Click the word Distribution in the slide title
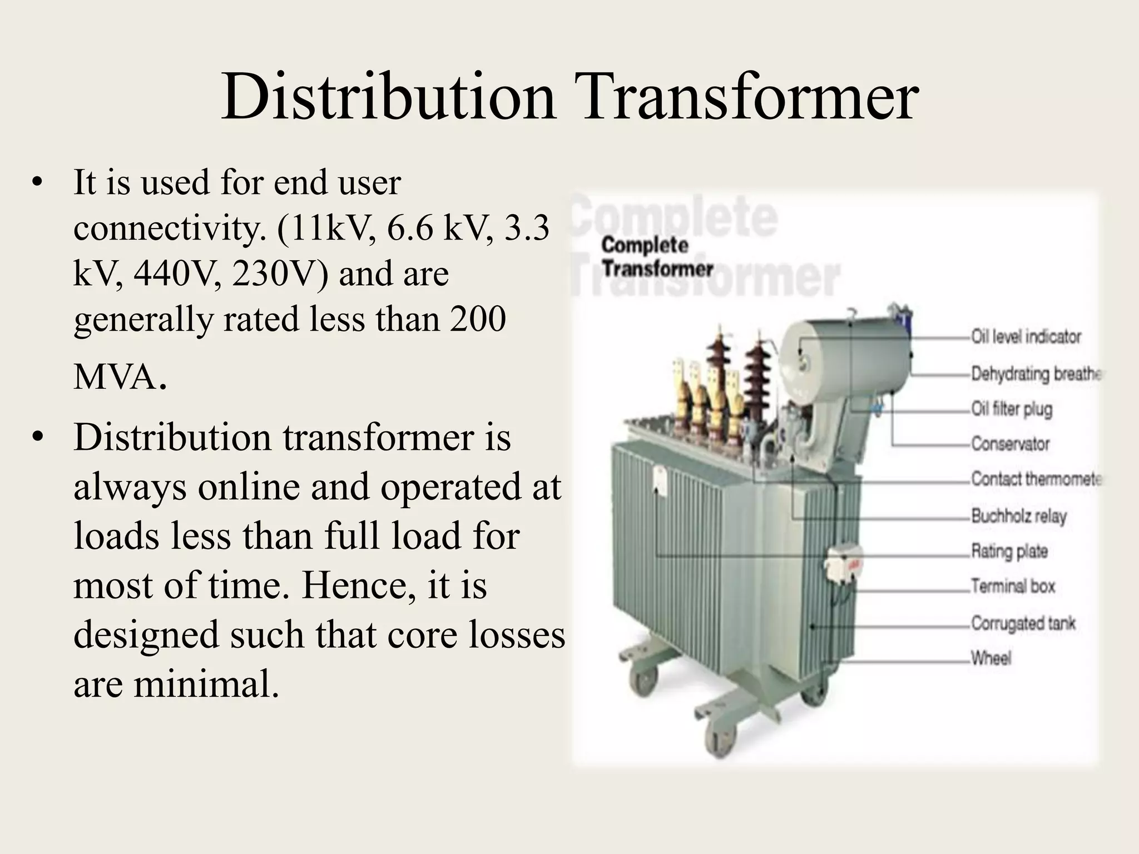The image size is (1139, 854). (388, 98)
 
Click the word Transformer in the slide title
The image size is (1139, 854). (746, 98)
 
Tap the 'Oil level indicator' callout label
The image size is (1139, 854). (1026, 337)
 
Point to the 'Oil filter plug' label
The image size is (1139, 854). (1012, 409)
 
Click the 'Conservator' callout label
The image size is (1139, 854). (1010, 444)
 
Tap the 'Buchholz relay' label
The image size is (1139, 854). (1018, 516)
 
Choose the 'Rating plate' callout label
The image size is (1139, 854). (1009, 552)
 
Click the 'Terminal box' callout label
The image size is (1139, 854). (1013, 587)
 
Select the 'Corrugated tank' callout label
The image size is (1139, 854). (1023, 623)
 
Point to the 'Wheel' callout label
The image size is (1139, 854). (991, 659)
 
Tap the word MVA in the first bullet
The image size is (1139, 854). (115, 378)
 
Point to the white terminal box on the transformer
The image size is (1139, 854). (843, 564)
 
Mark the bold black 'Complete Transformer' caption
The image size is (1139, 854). (656, 257)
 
